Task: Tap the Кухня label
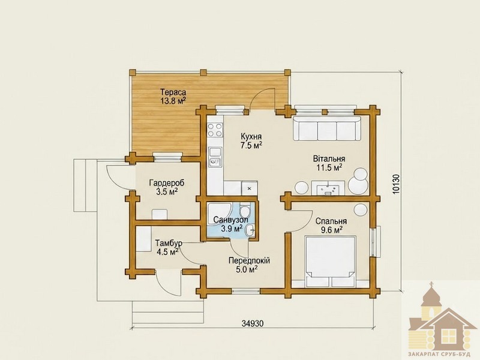pyautogui.click(x=251, y=136)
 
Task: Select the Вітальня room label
pyautogui.click(x=329, y=159)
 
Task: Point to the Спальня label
pyautogui.click(x=331, y=221)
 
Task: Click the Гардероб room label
pyautogui.click(x=167, y=183)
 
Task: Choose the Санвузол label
pyautogui.click(x=230, y=220)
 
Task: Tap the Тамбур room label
pyautogui.click(x=169, y=244)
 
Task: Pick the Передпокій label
pyautogui.click(x=250, y=261)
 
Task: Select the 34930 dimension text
pyautogui.click(x=253, y=323)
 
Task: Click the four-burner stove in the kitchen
pyautogui.click(x=215, y=130)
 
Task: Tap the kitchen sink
pyautogui.click(x=215, y=157)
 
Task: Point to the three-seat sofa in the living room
pyautogui.click(x=327, y=128)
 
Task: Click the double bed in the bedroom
pyautogui.click(x=331, y=261)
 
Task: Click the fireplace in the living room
pyautogui.click(x=328, y=188)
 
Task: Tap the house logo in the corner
pyautogui.click(x=443, y=320)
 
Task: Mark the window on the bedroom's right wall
pyautogui.click(x=376, y=241)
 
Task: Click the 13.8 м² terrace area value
pyautogui.click(x=173, y=101)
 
